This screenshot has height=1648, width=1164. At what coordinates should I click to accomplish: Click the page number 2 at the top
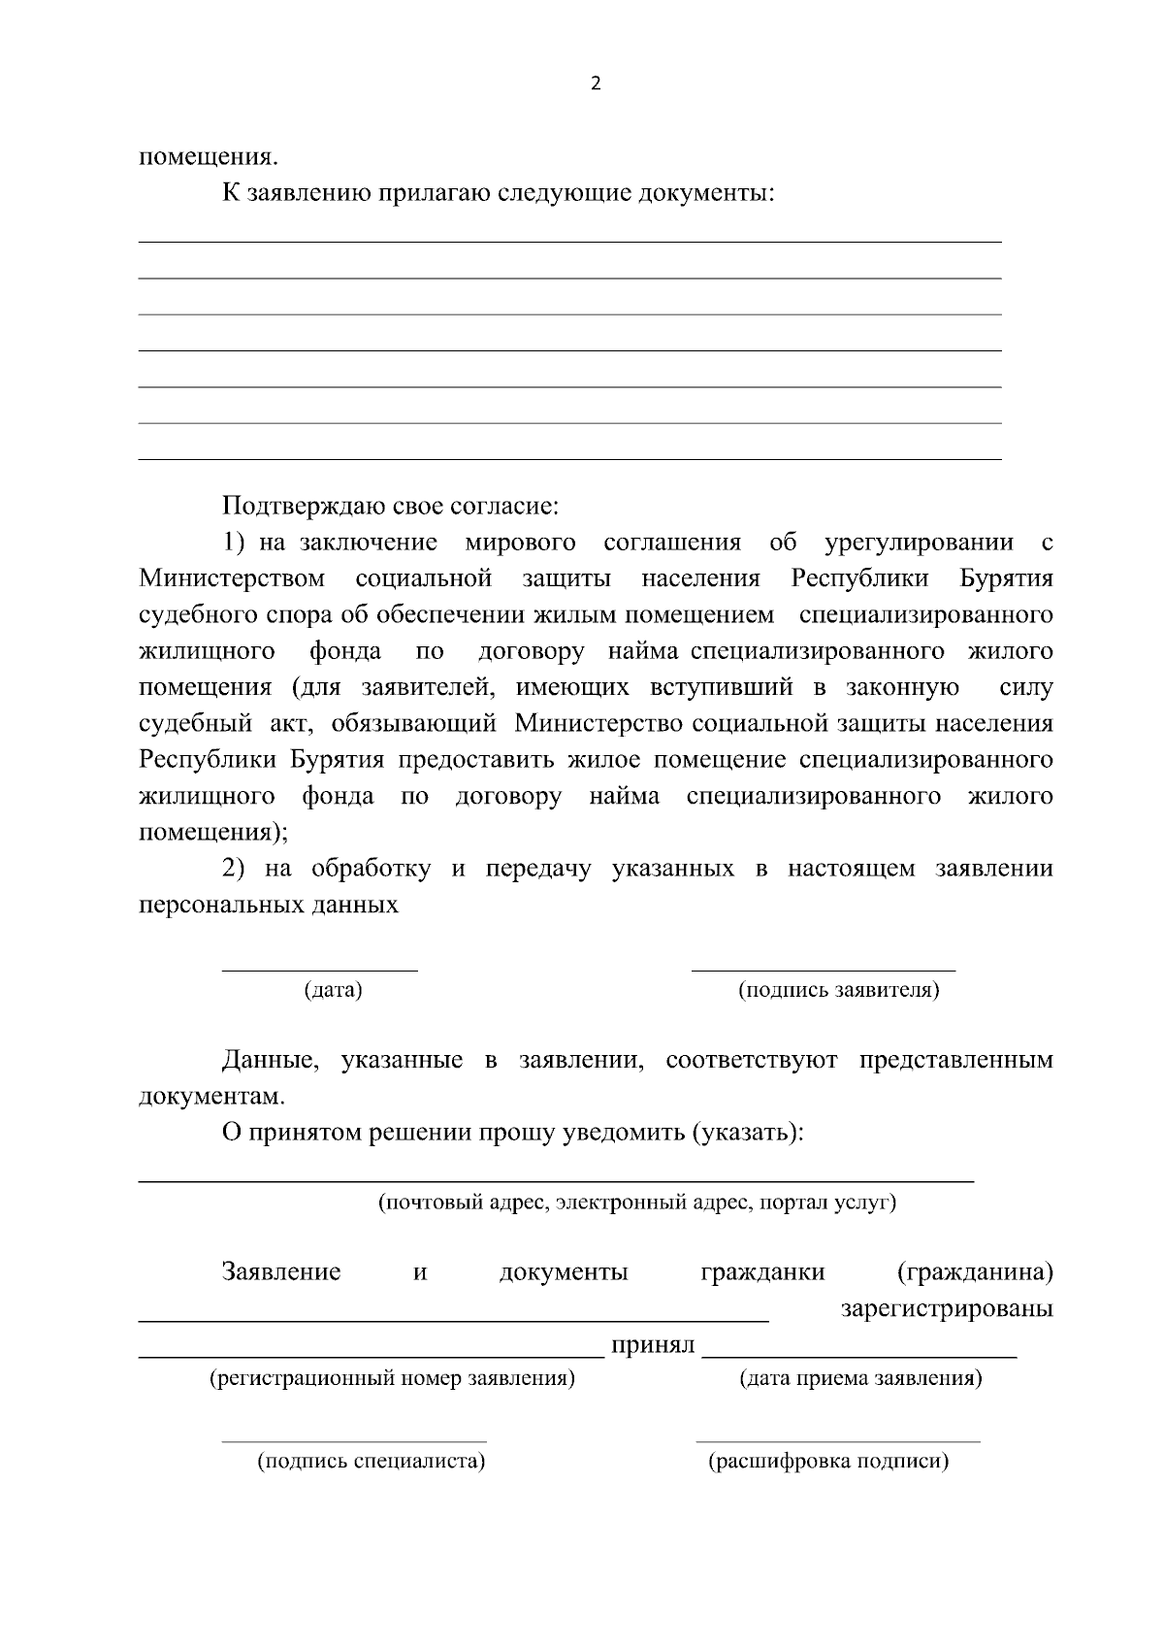[596, 84]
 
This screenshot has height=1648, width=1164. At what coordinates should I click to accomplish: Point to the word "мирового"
[520, 542]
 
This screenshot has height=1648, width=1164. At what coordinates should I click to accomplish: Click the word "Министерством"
[233, 578]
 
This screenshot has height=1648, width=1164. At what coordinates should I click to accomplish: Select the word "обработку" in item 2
[371, 868]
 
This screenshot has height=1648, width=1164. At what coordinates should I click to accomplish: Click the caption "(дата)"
[333, 990]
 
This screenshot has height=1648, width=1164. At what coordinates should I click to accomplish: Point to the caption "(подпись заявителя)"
[838, 990]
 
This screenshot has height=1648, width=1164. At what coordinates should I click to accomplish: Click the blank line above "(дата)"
[320, 969]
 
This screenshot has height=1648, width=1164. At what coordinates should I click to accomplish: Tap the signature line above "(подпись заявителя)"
[823, 969]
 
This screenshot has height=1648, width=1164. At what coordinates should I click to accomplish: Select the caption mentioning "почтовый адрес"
[636, 1203]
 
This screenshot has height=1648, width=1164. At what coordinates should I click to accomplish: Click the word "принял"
[652, 1346]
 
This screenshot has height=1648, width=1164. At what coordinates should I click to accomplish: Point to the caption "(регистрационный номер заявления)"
[392, 1378]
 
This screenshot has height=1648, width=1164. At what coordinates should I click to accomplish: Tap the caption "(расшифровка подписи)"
[828, 1461]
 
